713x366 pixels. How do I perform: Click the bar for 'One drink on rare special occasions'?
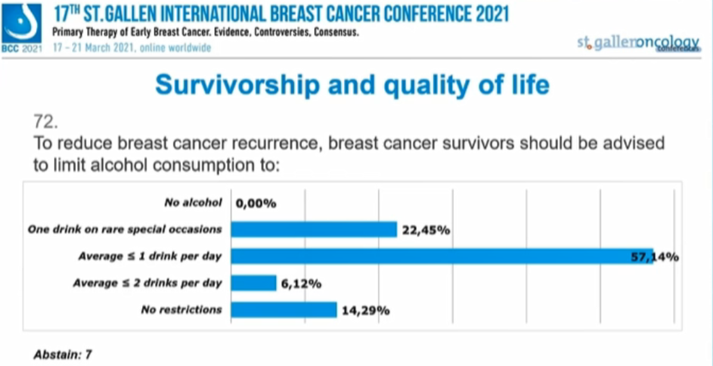[314, 229]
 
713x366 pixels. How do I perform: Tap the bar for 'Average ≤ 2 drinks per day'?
[253, 284]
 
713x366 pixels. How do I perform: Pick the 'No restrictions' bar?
[284, 310]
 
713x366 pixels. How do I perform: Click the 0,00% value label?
[256, 203]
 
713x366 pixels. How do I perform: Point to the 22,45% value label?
[426, 230]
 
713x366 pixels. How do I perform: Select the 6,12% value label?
[302, 284]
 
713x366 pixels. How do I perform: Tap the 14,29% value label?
[364, 311]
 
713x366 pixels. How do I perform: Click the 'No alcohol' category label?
[193, 203]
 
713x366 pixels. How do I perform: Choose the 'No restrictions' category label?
[182, 309]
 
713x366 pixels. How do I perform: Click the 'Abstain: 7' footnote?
[63, 352]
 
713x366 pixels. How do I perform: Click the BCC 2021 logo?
[21, 27]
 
